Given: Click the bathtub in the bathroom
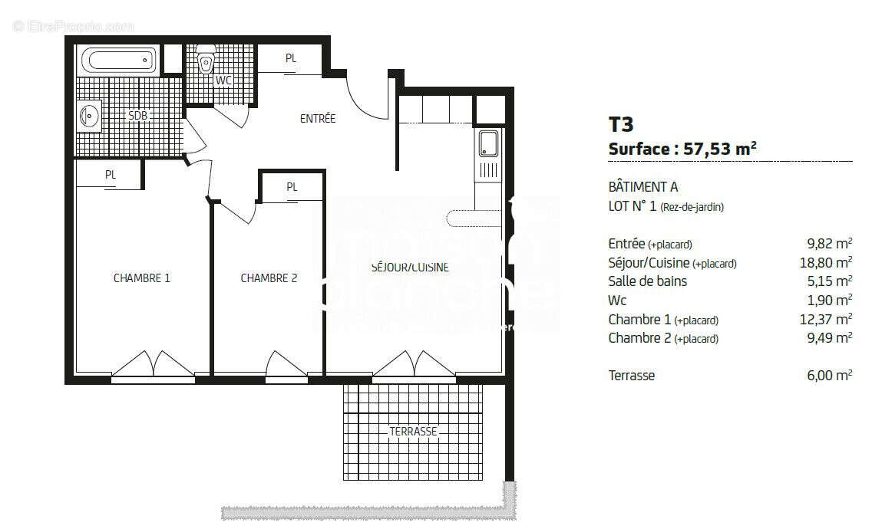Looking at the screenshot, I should pyautogui.click(x=119, y=60).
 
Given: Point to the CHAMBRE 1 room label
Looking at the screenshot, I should pyautogui.click(x=142, y=278).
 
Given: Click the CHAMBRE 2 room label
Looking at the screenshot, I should pyautogui.click(x=269, y=278).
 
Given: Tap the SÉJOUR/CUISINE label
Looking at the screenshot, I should pyautogui.click(x=410, y=268).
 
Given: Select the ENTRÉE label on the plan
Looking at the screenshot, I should pyautogui.click(x=317, y=119).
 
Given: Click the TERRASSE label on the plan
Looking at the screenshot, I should pyautogui.click(x=413, y=432).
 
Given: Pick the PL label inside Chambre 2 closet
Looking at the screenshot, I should pyautogui.click(x=292, y=187).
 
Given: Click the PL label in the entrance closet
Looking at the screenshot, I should pyautogui.click(x=291, y=58).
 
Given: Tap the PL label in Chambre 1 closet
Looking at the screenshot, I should pyautogui.click(x=111, y=175).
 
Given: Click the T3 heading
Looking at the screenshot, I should pyautogui.click(x=621, y=124).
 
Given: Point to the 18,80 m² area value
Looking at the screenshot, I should pyautogui.click(x=825, y=263).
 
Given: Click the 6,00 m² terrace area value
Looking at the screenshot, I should pyautogui.click(x=828, y=376).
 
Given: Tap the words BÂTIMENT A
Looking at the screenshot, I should pyautogui.click(x=642, y=187).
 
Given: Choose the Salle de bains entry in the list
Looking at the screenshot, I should pyautogui.click(x=647, y=281).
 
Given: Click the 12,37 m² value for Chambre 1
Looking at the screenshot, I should pyautogui.click(x=825, y=320).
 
